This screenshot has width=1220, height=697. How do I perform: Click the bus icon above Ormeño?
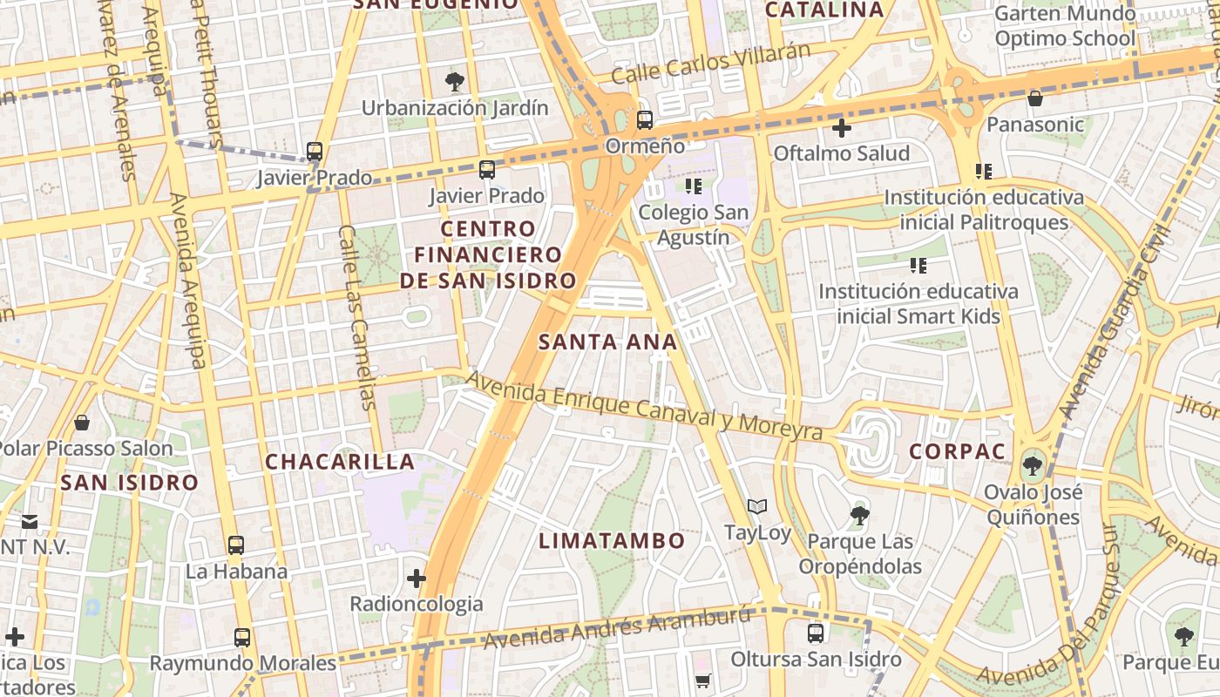pos(645,120)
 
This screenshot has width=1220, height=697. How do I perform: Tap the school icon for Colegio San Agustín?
pos(694,186)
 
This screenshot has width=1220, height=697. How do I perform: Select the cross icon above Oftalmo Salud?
pos(841,129)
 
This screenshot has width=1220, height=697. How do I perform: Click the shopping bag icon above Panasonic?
pos(1035,98)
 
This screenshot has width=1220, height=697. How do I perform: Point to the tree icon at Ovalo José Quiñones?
pos(1033,465)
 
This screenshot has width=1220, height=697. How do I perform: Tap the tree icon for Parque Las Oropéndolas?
pos(860,516)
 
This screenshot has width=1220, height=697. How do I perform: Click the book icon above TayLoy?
pos(757,507)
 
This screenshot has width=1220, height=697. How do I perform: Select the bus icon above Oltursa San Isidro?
pos(816,633)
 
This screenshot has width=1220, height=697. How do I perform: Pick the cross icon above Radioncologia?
pos(417,578)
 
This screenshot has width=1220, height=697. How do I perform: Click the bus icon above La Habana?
pos(235,546)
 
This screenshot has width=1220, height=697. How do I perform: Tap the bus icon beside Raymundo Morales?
pos(242,638)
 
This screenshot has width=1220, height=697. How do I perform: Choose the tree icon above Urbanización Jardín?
pos(454,82)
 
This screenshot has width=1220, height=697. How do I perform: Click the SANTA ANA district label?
pos(607,342)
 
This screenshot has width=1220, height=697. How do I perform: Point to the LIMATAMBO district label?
pos(612,541)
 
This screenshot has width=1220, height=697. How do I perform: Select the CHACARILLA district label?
pos(340,462)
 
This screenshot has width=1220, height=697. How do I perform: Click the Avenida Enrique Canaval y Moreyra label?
pos(645,406)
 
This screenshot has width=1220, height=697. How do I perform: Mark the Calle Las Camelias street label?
pos(357,317)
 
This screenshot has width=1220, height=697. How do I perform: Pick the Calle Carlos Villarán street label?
pos(710,62)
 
